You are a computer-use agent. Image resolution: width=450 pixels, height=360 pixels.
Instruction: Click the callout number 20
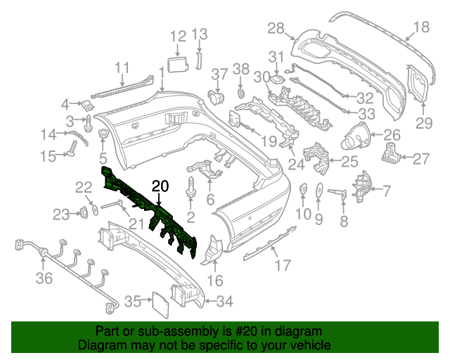coord(160,186)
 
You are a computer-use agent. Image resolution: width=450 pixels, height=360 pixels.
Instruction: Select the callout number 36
coord(44,279)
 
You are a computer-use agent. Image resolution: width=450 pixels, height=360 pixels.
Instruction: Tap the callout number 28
coord(276,28)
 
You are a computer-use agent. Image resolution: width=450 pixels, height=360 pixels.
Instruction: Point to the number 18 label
coord(420,28)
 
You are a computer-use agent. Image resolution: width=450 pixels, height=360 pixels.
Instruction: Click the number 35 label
coord(133,302)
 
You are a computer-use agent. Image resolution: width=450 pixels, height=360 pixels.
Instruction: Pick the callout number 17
coord(282,265)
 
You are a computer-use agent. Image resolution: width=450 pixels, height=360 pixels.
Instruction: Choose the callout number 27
coord(420,159)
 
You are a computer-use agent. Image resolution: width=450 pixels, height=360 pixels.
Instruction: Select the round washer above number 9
coord(318,189)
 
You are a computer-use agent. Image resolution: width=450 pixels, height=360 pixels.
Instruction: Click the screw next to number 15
coord(72,148)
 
